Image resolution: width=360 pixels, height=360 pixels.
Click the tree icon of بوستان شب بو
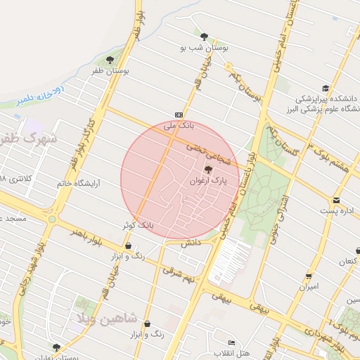[204, 36]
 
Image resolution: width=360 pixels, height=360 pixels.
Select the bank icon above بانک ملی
[178, 115]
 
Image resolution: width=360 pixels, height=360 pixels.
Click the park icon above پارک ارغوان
[207, 169]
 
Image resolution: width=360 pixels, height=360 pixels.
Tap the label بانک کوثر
[136, 225]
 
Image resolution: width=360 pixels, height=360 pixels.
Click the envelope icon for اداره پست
[337, 200]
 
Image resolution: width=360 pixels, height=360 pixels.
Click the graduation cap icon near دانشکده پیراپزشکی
[325, 88]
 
